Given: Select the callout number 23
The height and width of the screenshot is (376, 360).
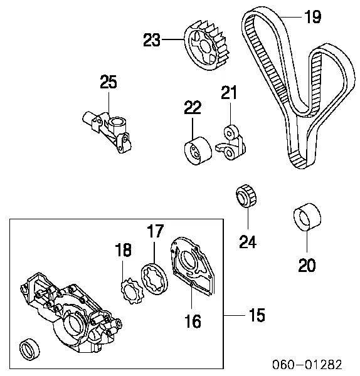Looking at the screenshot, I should pyautogui.click(x=152, y=41).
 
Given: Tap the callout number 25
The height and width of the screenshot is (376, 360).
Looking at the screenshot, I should pyautogui.click(x=109, y=83).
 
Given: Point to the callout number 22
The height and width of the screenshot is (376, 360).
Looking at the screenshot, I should pyautogui.click(x=193, y=107).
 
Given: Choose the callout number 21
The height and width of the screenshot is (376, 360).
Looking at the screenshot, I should pyautogui.click(x=230, y=94).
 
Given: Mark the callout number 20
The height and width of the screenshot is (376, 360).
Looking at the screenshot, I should pyautogui.click(x=307, y=266).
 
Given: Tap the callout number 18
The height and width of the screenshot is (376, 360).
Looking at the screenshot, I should pyautogui.click(x=123, y=251).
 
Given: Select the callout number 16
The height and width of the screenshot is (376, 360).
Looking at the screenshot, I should pyautogui.click(x=193, y=321).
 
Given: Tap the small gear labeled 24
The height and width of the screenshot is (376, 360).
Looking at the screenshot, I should pyautogui.click(x=243, y=197).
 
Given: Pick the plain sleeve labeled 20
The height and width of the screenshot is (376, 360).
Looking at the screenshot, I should pyautogui.click(x=307, y=220).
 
